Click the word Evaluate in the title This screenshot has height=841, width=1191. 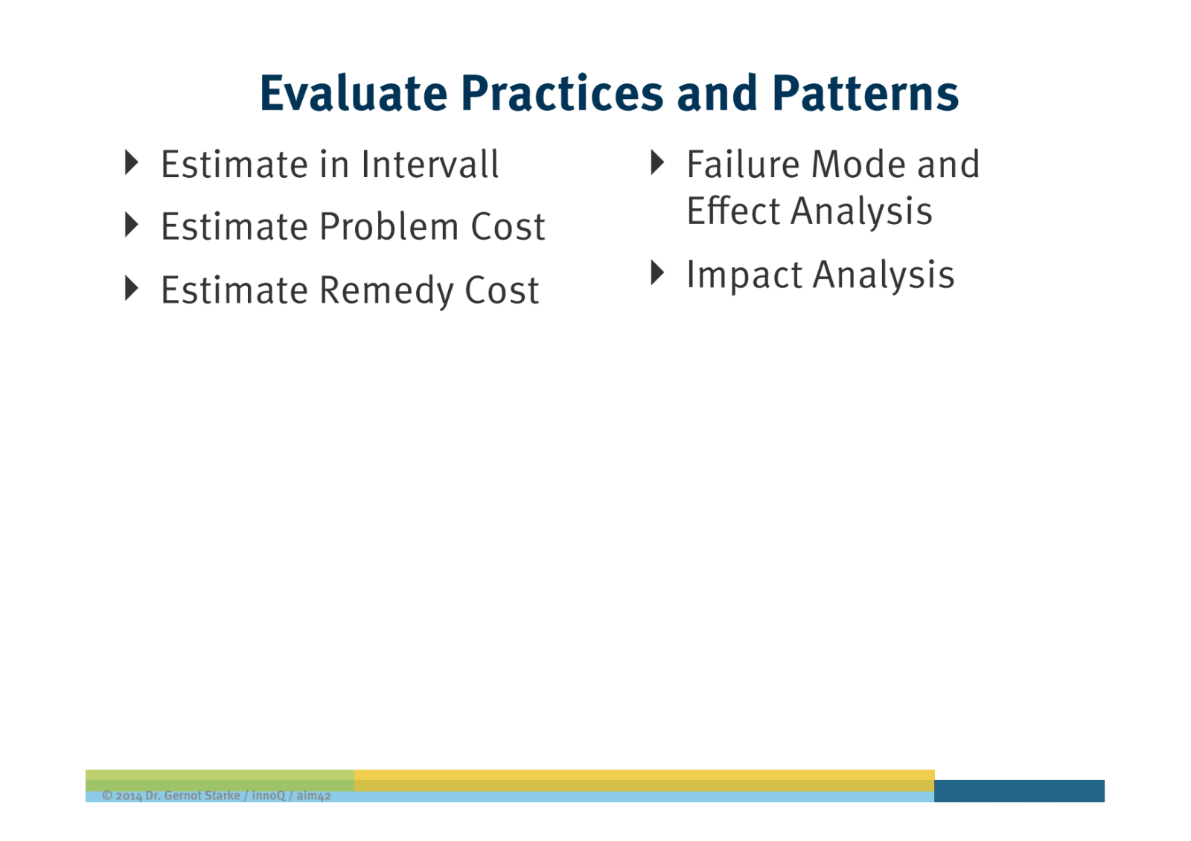(x=353, y=93)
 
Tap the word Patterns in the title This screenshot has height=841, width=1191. (x=865, y=93)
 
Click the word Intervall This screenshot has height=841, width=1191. (x=430, y=164)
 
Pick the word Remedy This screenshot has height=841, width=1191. (x=386, y=290)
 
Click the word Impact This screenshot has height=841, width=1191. (x=744, y=275)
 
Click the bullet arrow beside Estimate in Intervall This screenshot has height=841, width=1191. (x=132, y=163)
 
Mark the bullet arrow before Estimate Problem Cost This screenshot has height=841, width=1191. (x=132, y=225)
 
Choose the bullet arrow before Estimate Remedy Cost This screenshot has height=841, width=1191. (x=132, y=288)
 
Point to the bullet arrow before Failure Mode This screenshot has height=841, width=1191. (x=657, y=163)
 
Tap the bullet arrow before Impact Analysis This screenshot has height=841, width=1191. (x=657, y=273)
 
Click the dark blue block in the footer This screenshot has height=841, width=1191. (x=1018, y=790)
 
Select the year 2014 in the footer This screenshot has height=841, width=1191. (x=129, y=796)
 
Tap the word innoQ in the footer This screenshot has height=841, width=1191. (x=268, y=796)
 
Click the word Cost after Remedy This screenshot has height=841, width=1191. (x=501, y=290)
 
